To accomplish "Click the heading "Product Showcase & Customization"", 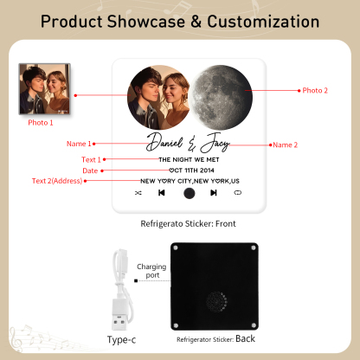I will [179, 22].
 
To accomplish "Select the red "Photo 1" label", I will [41, 122].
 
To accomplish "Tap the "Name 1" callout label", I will [78, 144].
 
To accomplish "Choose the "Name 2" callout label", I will [285, 145].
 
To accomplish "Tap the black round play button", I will [189, 194].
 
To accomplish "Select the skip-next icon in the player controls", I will [213, 194].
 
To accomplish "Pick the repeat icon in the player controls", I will [237, 194].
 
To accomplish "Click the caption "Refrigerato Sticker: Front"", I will [188, 223].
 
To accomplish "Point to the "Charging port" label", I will [151, 271].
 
